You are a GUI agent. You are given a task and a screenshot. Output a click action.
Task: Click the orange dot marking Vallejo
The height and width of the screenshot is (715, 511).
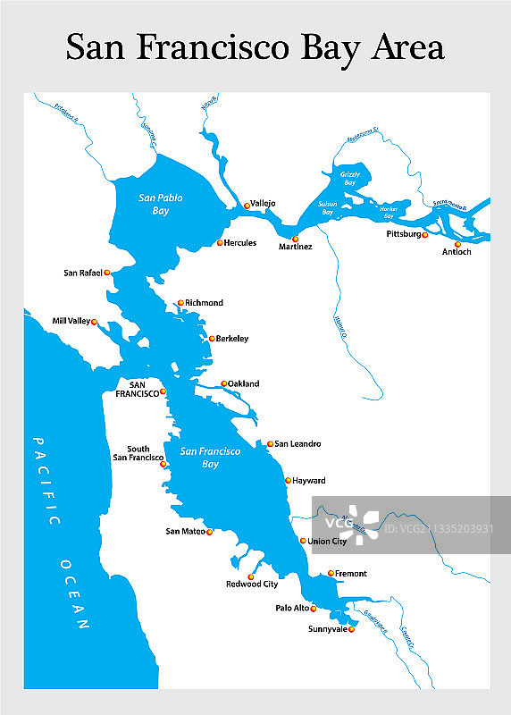pyautogui.click(x=247, y=206)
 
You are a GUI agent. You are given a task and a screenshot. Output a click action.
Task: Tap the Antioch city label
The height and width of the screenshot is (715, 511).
pyautogui.click(x=456, y=252)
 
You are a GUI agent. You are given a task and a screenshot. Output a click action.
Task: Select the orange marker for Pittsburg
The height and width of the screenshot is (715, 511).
pyautogui.click(x=425, y=236)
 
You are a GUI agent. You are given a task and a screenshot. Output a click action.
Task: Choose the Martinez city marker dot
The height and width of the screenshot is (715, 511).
pyautogui.click(x=295, y=239)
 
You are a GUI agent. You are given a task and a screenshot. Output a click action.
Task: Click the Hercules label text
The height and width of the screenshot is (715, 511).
pyautogui.click(x=240, y=243)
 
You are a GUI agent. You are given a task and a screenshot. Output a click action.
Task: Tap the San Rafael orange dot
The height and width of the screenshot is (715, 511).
pyautogui.click(x=107, y=273)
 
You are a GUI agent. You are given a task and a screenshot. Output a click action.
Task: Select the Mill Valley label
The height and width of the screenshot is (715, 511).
pyautogui.click(x=71, y=321)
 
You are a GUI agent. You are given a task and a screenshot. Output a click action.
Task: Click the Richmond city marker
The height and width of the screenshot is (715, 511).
pyautogui.click(x=180, y=303)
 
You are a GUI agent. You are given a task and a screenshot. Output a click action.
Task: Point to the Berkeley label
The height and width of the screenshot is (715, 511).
pyautogui.click(x=232, y=339)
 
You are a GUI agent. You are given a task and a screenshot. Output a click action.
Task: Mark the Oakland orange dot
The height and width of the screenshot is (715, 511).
pyautogui.click(x=224, y=383)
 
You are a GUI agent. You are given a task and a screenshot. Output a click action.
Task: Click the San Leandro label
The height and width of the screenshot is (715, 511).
pyautogui.click(x=297, y=443)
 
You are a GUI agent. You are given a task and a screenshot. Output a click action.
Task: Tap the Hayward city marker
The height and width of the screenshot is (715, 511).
pyautogui.click(x=288, y=481)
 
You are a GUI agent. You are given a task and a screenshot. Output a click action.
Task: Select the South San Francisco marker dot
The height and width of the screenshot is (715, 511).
pyautogui.click(x=163, y=464)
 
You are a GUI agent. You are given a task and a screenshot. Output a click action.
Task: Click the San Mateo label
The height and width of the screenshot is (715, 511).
pyautogui.click(x=185, y=532)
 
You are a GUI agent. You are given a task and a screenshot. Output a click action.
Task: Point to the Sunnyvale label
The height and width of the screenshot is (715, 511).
pyautogui.click(x=326, y=629)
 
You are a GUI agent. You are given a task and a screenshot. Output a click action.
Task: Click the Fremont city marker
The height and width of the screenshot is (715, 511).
pyautogui.click(x=331, y=574)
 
